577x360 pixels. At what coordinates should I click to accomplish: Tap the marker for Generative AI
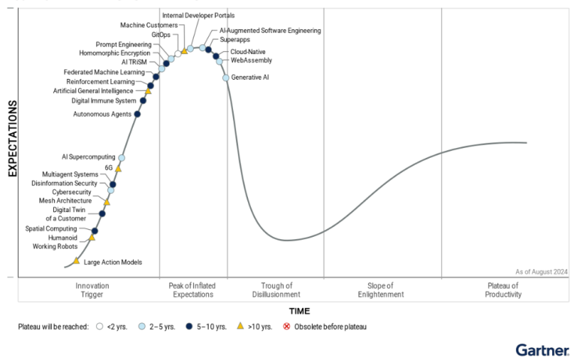tap(226, 77)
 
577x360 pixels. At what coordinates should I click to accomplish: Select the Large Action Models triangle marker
tap(77, 261)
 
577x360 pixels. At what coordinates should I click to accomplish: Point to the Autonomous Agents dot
tap(137, 114)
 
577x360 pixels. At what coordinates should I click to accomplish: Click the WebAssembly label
tap(252, 60)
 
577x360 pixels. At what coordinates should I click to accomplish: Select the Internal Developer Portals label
tap(198, 15)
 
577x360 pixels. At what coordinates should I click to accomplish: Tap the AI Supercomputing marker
tap(122, 158)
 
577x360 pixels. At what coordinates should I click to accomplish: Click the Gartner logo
tap(542, 349)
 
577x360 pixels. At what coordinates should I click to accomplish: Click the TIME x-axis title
tap(300, 311)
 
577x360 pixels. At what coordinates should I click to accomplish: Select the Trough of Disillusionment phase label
tap(276, 290)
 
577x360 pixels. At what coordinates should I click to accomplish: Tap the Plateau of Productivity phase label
tap(503, 290)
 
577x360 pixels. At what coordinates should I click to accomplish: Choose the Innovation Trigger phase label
tap(92, 290)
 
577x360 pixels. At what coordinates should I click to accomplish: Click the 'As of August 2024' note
tap(541, 271)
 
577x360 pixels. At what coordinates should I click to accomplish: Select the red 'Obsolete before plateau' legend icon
tap(286, 327)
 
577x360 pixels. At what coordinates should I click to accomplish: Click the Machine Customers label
tap(149, 26)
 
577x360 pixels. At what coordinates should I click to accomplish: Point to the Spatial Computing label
tap(51, 228)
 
